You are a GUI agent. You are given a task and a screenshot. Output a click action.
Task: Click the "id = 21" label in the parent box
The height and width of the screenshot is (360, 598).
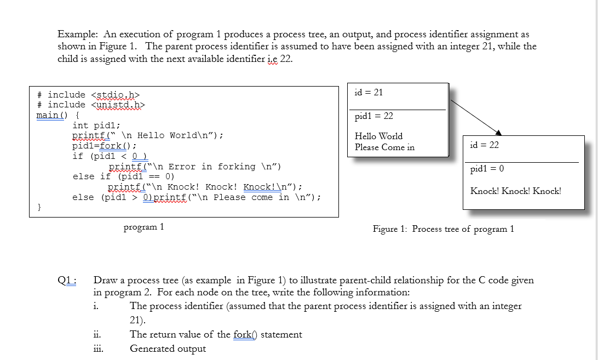point(369,92)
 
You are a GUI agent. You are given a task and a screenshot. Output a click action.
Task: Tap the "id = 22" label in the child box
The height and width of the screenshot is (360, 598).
point(484,145)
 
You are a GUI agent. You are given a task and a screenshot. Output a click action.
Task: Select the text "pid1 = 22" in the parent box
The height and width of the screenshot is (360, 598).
point(373,116)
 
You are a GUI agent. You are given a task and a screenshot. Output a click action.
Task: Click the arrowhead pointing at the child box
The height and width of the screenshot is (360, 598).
point(498,132)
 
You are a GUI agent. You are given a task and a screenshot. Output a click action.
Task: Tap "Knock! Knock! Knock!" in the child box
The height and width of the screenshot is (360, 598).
point(515,191)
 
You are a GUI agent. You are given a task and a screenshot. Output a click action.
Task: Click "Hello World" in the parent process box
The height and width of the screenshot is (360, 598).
point(378,136)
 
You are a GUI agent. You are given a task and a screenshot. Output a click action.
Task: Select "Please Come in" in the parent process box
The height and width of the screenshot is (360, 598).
point(384,147)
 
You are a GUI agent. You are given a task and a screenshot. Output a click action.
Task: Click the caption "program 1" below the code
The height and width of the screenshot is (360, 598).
point(144,227)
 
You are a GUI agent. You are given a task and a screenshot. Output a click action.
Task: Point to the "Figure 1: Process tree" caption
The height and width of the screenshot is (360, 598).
point(443,229)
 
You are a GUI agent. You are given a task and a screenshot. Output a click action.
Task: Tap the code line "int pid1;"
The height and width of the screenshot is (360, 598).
point(96,125)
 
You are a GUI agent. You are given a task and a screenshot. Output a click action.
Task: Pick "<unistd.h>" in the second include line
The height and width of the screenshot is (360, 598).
point(120,105)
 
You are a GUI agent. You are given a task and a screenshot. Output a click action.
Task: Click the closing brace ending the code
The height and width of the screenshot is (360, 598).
point(39,207)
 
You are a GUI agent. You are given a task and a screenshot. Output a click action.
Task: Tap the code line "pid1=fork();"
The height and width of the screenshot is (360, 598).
point(104,146)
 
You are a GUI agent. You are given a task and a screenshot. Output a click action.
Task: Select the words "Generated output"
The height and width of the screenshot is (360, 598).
point(168,348)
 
